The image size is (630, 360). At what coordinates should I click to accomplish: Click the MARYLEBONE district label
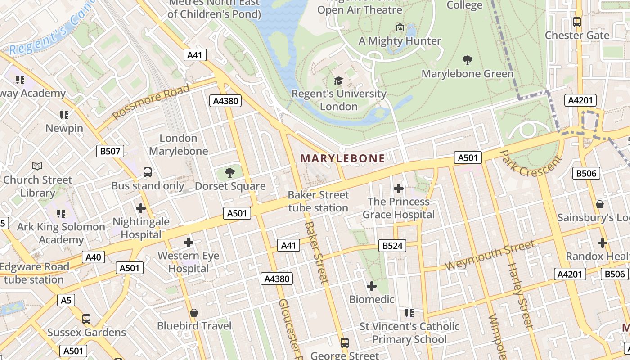tap(342, 158)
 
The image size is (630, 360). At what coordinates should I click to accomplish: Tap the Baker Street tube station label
tap(318, 201)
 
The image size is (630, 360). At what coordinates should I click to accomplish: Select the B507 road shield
tap(110, 151)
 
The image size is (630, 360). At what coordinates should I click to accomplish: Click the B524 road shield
tap(393, 246)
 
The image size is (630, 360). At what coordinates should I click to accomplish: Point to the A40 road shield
tap(94, 257)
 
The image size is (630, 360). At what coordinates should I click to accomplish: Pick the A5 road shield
tap(66, 300)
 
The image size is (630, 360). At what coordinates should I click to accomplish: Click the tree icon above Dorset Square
tap(230, 172)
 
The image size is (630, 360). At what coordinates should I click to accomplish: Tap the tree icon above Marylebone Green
tap(468, 60)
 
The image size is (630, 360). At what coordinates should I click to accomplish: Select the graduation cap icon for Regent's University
tap(338, 81)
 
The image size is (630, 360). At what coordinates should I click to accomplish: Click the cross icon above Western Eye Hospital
tap(189, 243)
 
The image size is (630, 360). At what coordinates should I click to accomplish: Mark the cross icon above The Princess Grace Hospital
tap(398, 188)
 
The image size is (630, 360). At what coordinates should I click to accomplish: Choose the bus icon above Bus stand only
tap(148, 172)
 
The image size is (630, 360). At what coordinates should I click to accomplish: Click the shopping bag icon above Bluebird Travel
tap(194, 312)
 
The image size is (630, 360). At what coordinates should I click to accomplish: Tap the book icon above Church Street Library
tap(37, 166)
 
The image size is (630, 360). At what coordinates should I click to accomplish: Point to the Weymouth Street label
tap(490, 255)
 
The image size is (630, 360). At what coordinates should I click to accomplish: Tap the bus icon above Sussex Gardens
tap(86, 319)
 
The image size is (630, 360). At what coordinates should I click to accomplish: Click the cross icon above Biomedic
tap(371, 286)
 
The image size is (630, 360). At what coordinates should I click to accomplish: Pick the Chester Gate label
tap(577, 35)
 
